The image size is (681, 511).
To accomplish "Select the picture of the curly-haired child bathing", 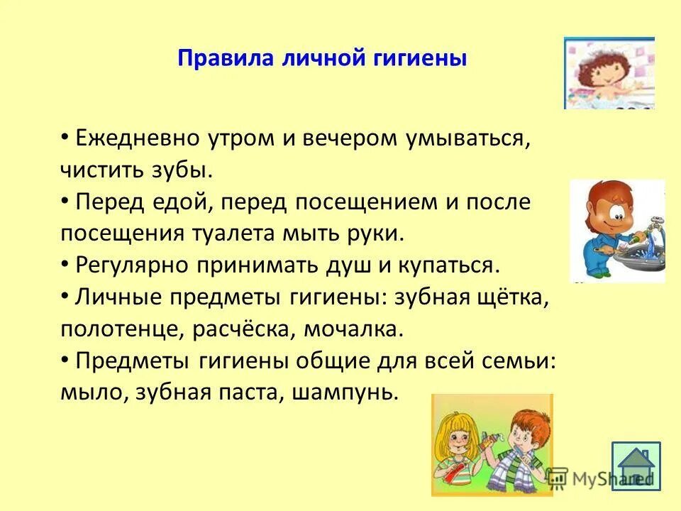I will coord(609,73).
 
